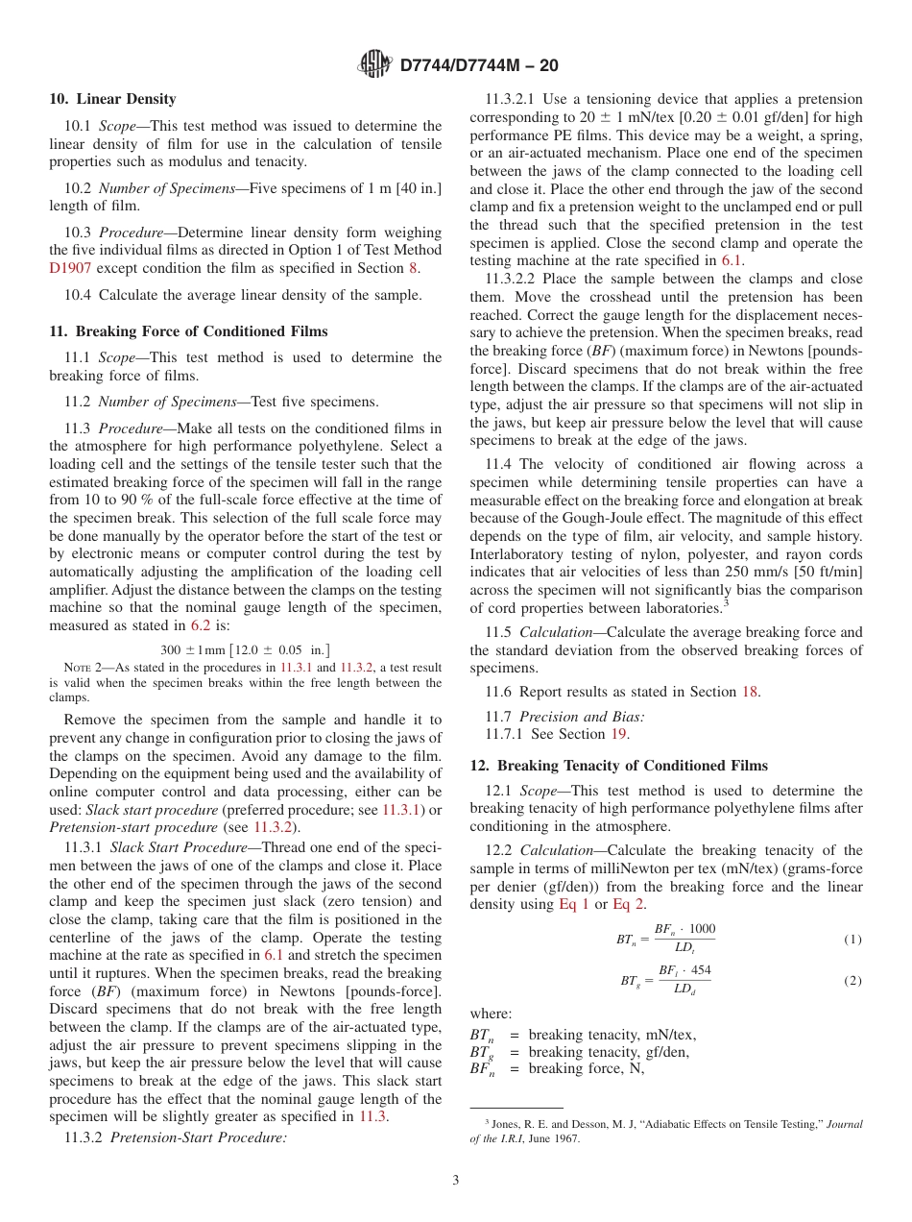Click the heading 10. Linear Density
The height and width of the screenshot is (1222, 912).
coord(112,99)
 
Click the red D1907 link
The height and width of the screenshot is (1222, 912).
coord(68,268)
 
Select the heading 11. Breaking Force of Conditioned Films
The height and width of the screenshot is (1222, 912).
coord(188,331)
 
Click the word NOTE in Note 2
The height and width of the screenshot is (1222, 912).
coord(77,668)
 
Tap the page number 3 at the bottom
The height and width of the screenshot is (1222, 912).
coord(456,1181)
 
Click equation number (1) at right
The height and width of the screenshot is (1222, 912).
coord(852,939)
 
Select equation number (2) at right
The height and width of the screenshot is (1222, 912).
coord(852,980)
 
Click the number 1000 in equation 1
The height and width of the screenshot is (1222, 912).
coord(702,929)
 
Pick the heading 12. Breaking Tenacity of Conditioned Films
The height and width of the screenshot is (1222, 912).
coord(618,766)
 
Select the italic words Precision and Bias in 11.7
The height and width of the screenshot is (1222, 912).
coord(582,717)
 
